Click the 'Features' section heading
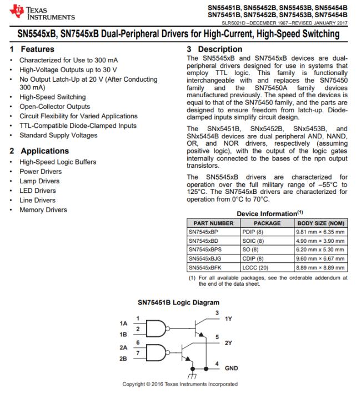[33, 49]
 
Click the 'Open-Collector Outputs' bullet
[54, 107]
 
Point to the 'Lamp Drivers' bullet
[39, 181]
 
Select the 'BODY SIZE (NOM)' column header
[321, 223]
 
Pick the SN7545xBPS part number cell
[204, 250]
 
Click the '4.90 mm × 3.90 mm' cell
[321, 241]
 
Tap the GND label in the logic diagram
[232, 368]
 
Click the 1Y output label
[228, 320]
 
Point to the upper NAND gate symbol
[158, 329]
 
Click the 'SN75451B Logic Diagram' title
[178, 303]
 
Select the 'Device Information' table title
[267, 213]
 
